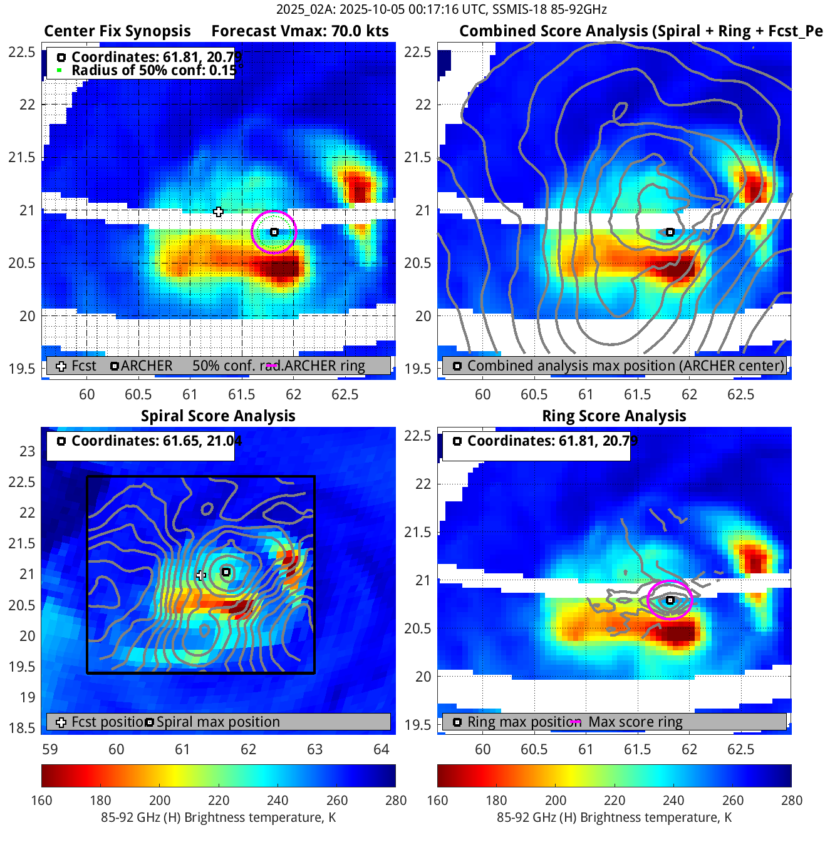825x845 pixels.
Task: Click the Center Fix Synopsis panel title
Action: click(117, 31)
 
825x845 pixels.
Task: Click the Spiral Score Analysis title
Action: click(218, 416)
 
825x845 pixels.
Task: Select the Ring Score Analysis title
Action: click(614, 416)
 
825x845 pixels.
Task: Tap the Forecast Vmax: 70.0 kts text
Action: click(300, 31)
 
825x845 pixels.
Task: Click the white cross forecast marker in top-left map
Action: click(218, 212)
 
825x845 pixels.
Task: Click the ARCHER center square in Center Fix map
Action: click(274, 232)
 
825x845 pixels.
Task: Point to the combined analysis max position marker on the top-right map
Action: click(670, 232)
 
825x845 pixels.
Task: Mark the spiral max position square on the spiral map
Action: click(226, 572)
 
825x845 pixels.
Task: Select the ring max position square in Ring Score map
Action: click(670, 600)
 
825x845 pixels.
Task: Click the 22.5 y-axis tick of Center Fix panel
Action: click(22, 52)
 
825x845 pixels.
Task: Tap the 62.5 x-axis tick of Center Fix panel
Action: click(345, 394)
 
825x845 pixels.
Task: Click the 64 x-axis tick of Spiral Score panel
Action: click(381, 749)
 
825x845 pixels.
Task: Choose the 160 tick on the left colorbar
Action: click(42, 801)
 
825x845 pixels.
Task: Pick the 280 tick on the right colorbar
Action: click(791, 801)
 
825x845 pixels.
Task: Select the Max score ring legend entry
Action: click(635, 722)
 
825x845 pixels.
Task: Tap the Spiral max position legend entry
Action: click(217, 722)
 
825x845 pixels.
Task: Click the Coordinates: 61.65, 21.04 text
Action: click(156, 441)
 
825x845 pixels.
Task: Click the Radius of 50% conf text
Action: click(153, 70)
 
